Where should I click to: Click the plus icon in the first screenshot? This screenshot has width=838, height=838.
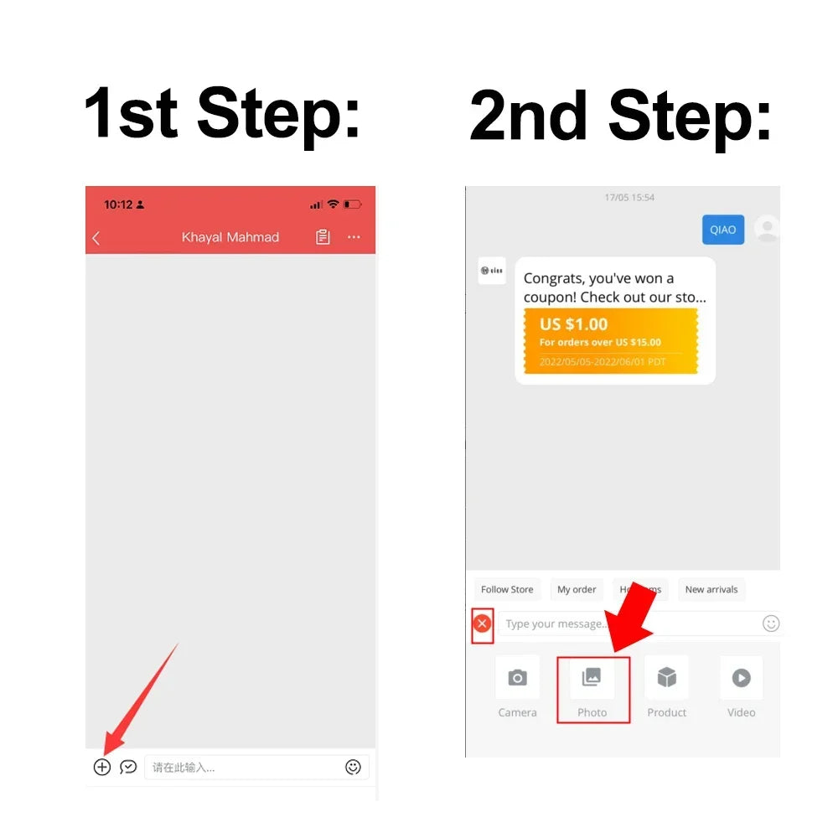[102, 767]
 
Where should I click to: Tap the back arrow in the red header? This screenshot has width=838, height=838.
[96, 238]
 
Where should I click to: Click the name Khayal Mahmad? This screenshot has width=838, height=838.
[230, 237]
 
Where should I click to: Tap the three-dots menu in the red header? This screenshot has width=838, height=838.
[354, 237]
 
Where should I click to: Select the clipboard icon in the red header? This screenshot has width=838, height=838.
[323, 237]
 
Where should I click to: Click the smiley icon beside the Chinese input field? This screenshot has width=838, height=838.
[353, 767]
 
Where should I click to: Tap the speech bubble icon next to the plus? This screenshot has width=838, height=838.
[128, 767]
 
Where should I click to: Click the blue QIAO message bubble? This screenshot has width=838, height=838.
[722, 230]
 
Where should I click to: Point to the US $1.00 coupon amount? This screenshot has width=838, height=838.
[574, 324]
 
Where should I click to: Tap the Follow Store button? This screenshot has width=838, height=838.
[507, 589]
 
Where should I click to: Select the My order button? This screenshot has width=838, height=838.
[577, 589]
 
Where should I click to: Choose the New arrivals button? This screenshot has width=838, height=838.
[711, 589]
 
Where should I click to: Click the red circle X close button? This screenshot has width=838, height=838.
[483, 623]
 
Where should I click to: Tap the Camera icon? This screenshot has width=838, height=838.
[518, 678]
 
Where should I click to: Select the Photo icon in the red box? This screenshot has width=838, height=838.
[592, 678]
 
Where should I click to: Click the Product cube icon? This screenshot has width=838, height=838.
[666, 678]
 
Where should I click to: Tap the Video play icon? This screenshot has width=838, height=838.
[741, 678]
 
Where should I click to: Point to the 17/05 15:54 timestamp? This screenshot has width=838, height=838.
[629, 198]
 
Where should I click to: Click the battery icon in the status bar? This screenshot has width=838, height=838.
[353, 204]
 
